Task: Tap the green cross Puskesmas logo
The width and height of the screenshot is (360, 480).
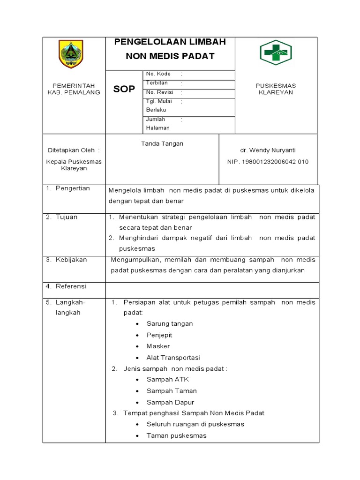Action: [x=276, y=52]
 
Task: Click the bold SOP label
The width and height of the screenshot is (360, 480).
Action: [x=124, y=89]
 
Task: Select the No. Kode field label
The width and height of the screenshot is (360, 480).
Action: [x=158, y=74]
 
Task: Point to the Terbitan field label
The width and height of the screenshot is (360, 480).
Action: [x=157, y=83]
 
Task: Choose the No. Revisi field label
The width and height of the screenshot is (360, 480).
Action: [x=160, y=92]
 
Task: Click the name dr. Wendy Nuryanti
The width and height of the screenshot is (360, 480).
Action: [x=268, y=150]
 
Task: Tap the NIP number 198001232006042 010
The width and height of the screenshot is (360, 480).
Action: [x=268, y=162]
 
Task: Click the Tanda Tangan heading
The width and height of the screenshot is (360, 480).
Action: [x=162, y=143]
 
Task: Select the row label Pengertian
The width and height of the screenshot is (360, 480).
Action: [x=73, y=188]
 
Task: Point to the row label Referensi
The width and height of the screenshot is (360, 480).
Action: [x=71, y=286]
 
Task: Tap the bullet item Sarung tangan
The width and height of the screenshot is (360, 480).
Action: [x=170, y=323]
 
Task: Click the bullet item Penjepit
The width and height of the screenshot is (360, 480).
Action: [x=159, y=335]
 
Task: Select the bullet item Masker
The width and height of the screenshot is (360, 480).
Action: [x=158, y=346]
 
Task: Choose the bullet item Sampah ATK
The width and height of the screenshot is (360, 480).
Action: [x=168, y=379]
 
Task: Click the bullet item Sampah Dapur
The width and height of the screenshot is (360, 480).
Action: [x=170, y=402]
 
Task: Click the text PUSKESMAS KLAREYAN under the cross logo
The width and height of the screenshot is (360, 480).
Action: [x=276, y=89]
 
